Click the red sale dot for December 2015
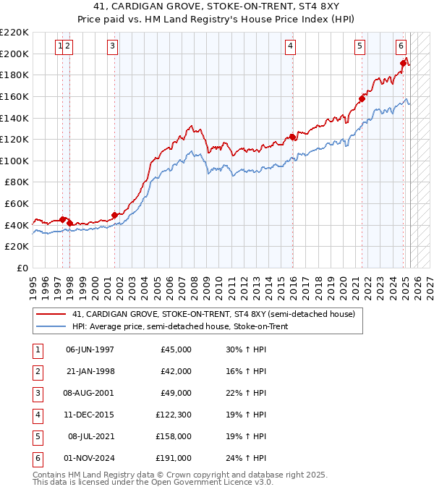point(292,137)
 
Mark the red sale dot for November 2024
point(404,64)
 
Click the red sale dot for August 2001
point(114,215)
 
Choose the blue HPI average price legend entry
point(180,327)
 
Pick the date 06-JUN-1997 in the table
point(90,349)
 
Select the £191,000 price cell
point(174,459)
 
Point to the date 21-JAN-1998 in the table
point(90,371)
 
